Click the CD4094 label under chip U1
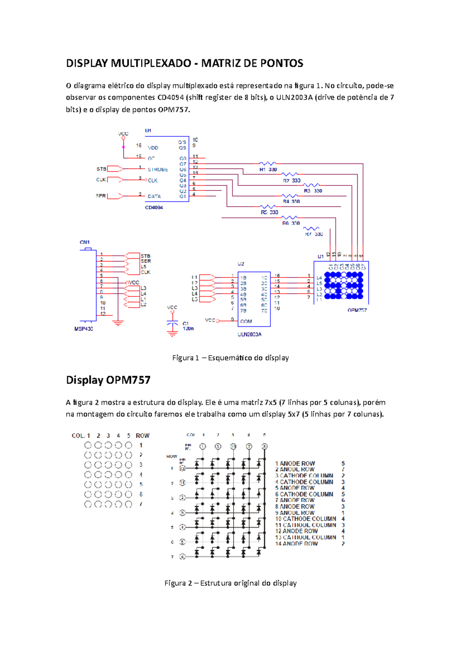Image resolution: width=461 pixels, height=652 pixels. click(154, 207)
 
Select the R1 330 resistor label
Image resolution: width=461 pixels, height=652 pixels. click(268, 169)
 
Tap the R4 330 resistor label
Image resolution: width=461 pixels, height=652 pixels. click(291, 201)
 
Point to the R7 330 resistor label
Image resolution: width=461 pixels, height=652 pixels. click(314, 234)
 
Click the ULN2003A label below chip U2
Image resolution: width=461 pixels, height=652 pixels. click(249, 334)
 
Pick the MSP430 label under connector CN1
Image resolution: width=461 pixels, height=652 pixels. click(84, 329)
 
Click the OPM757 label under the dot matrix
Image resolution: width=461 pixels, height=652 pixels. click(357, 310)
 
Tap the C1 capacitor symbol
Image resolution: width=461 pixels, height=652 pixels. click(172, 325)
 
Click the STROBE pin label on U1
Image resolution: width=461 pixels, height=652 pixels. click(158, 169)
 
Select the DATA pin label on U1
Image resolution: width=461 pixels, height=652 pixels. click(154, 196)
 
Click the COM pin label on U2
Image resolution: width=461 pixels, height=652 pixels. click(246, 321)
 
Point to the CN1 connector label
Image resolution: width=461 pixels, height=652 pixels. click(85, 242)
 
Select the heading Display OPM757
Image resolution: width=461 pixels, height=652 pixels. click(108, 380)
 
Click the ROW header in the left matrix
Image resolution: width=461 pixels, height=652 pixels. click(143, 435)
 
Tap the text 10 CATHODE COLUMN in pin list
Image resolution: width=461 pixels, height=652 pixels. click(305, 519)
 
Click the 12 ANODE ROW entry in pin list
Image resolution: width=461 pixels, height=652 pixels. click(296, 531)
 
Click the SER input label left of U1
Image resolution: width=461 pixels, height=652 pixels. click(101, 196)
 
